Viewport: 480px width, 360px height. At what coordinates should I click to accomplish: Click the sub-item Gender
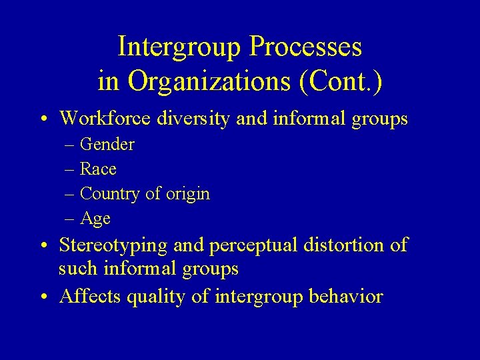pyautogui.click(x=107, y=145)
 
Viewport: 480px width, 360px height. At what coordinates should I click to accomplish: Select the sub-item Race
pyautogui.click(x=98, y=169)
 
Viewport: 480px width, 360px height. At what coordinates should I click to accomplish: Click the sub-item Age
pyautogui.click(x=95, y=219)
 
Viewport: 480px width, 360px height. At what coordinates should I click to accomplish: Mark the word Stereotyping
pyautogui.click(x=113, y=245)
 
